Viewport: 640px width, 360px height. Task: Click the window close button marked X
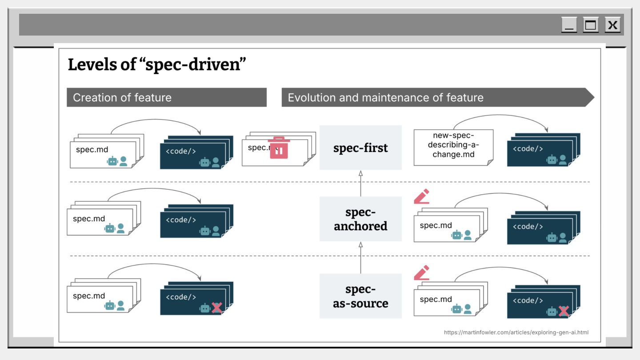[612, 25]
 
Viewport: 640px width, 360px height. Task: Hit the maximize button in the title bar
[591, 25]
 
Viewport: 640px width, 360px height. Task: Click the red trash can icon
[279, 148]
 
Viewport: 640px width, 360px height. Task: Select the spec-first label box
[360, 148]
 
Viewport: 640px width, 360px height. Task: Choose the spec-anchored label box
[360, 219]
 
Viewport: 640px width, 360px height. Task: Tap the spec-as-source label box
[360, 296]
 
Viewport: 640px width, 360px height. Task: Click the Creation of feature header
[167, 97]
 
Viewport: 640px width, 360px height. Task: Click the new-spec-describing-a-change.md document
[453, 147]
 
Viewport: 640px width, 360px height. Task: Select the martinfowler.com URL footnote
[516, 332]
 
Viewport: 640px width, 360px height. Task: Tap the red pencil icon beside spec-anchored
[421, 196]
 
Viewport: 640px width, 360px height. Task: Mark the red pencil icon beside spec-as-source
[421, 273]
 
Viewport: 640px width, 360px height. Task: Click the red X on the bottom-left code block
[216, 308]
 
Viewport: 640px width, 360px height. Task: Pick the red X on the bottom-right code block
[564, 311]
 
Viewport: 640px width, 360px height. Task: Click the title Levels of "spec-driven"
[157, 65]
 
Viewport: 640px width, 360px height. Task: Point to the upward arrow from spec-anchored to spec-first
[360, 184]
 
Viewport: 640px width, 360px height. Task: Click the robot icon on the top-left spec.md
[112, 161]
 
